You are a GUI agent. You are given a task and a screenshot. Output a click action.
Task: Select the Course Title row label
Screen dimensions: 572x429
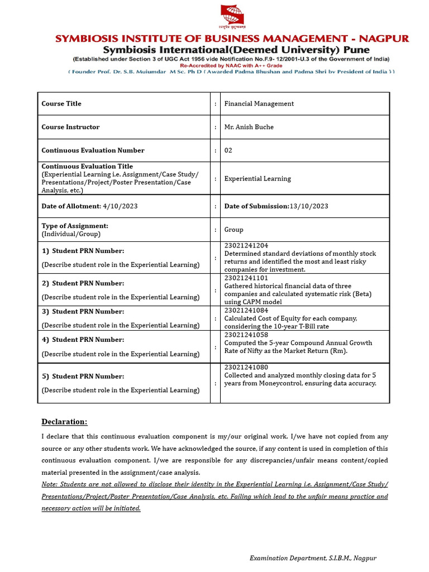coord(61,103)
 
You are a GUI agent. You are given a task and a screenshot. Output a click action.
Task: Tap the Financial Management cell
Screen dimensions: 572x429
coord(259,103)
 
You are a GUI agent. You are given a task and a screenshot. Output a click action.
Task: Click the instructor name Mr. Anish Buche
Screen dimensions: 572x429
coord(249,127)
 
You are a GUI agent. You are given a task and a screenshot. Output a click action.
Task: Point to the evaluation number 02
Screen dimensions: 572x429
coord(228,150)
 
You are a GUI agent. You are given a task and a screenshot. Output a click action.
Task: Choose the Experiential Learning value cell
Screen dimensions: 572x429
coord(258,179)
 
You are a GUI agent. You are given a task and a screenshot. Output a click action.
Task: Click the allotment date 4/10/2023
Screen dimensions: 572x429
coord(120,206)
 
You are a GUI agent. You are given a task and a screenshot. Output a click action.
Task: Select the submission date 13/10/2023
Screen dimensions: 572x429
coord(309,206)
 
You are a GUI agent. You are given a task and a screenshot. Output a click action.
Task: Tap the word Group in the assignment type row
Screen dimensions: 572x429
coord(233,230)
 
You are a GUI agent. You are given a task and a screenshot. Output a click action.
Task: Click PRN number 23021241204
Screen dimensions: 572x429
coord(246,246)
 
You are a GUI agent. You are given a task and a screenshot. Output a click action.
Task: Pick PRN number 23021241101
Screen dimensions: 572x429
coord(246,278)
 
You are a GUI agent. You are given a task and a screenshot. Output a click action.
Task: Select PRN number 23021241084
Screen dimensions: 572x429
coord(246,310)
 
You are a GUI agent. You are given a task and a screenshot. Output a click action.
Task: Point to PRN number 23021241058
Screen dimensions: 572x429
coord(246,335)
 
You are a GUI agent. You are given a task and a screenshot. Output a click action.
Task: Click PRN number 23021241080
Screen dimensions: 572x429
coord(246,367)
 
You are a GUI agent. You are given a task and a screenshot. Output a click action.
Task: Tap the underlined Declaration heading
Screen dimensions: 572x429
coord(64,422)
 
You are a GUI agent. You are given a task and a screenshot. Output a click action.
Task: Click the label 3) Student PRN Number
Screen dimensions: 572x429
coord(83,312)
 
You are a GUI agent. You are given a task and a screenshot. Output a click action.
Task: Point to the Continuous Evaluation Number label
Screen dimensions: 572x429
coord(93,150)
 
